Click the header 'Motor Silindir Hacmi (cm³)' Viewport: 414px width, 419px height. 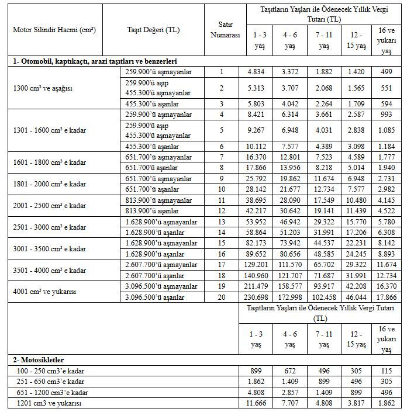54,30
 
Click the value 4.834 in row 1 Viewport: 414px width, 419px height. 257,72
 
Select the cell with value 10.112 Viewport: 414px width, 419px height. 257,147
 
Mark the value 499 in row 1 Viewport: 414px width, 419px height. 387,72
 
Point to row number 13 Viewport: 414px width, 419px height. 222,222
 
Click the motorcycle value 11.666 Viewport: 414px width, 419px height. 257,404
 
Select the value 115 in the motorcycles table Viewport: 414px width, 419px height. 387,371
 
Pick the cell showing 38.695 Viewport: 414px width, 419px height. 257,200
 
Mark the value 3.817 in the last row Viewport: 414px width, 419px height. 356,404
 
